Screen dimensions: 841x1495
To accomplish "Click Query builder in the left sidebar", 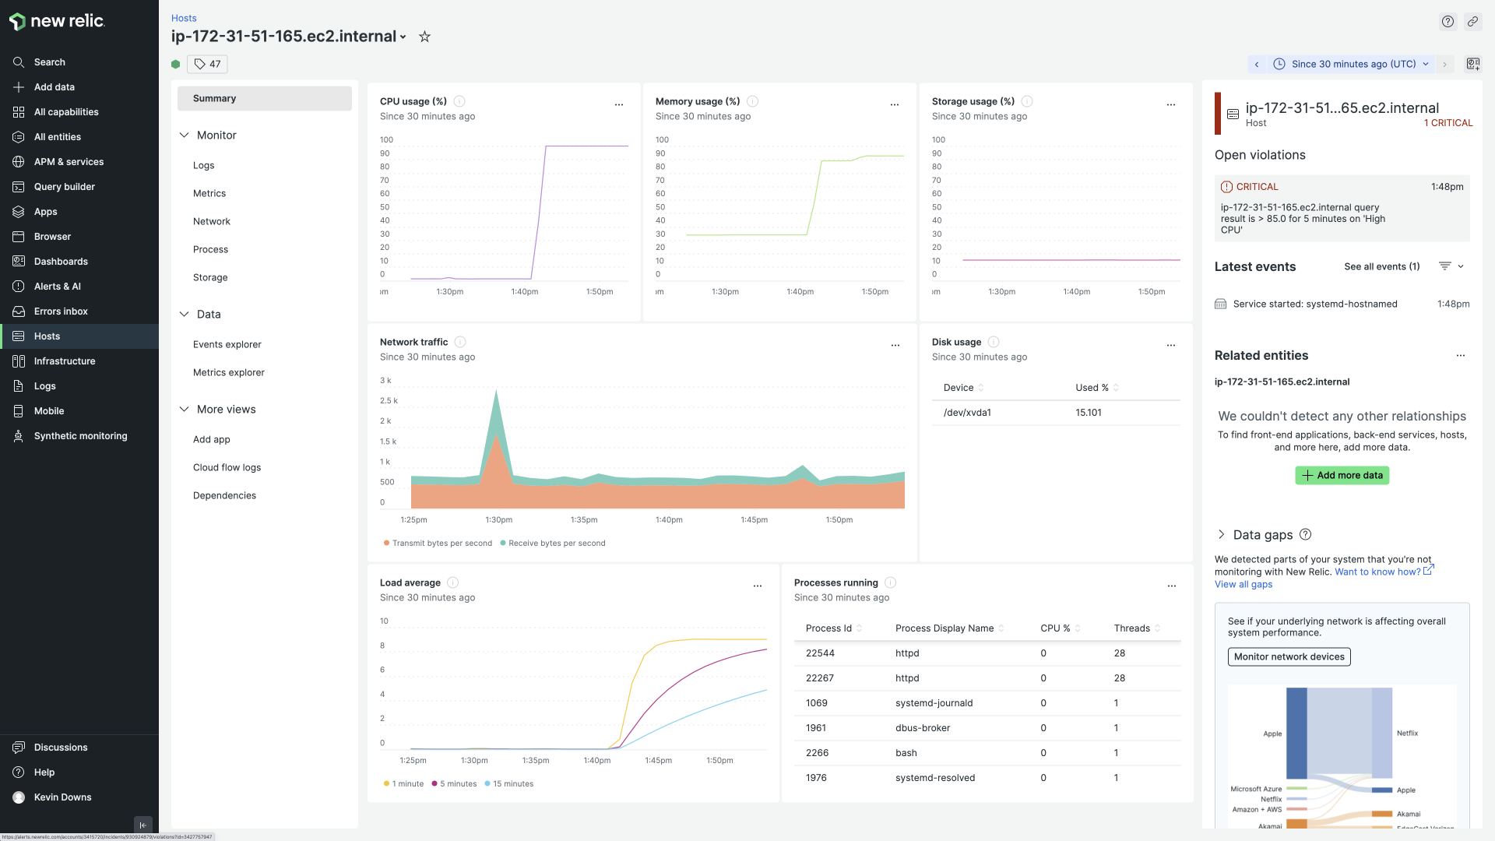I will [64, 187].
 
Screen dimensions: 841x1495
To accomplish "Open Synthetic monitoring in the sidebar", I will [80, 436].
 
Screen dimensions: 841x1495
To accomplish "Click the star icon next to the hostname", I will [424, 37].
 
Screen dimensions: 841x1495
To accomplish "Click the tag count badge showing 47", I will [208, 64].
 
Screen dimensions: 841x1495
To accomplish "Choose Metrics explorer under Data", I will [228, 372].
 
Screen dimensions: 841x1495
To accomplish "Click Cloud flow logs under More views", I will [227, 467].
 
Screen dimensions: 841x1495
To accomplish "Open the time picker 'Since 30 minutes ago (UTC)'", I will [1353, 64].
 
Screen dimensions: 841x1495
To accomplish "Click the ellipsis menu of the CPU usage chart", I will [619, 104].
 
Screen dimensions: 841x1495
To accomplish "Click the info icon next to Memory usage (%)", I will [752, 101].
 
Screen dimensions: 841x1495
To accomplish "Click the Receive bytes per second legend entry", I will [556, 544].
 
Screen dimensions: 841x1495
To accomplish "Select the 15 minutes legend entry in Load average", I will [512, 784].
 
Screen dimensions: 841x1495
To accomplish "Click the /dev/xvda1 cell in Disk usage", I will [967, 413].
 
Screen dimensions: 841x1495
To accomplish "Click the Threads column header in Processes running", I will [1131, 628].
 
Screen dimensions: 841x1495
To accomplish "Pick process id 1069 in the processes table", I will [816, 703].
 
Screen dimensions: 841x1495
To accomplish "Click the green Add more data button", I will [1342, 475].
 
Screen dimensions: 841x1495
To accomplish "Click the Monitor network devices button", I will [1289, 656].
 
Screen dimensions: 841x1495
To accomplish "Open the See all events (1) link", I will [1381, 266].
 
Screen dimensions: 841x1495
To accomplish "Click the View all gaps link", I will [1243, 585].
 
